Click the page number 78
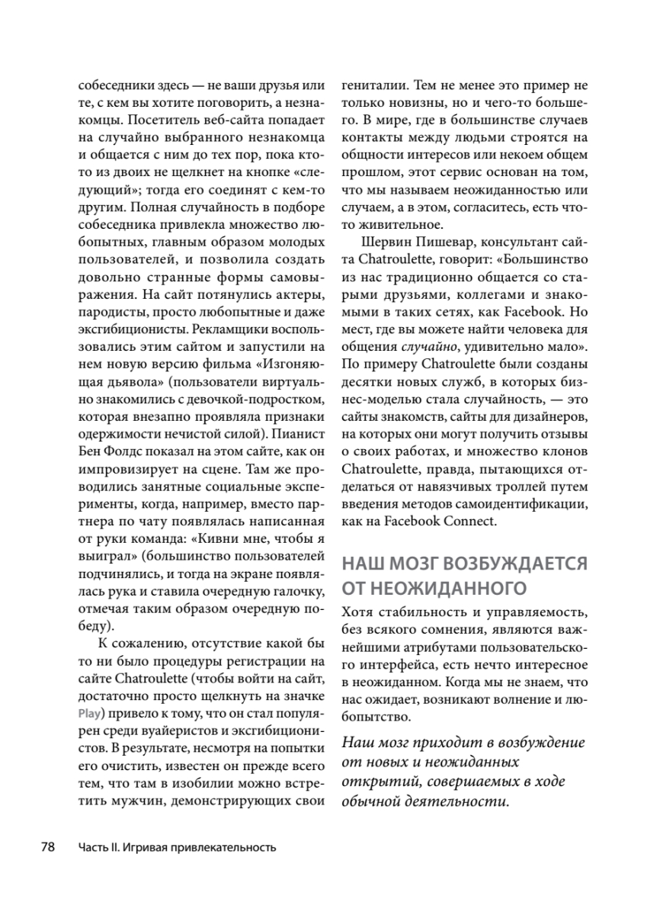coord(48,846)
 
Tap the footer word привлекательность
coord(223,847)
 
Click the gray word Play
coord(90,714)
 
